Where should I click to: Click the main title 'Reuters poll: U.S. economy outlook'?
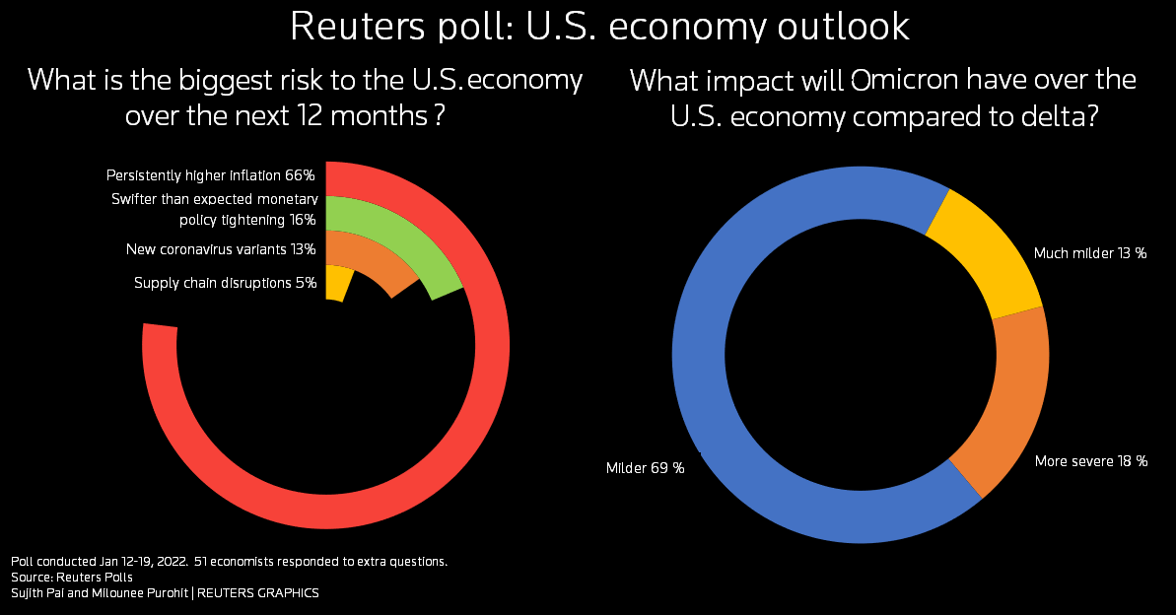599,27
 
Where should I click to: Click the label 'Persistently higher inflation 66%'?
210,175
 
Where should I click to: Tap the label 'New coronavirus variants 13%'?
221,249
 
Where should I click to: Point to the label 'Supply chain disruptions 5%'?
225,283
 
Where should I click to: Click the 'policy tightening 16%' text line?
246,219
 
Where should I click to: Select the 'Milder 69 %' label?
645,467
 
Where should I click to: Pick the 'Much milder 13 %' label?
1090,253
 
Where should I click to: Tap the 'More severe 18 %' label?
1091,460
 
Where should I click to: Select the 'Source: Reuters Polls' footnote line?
72,577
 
